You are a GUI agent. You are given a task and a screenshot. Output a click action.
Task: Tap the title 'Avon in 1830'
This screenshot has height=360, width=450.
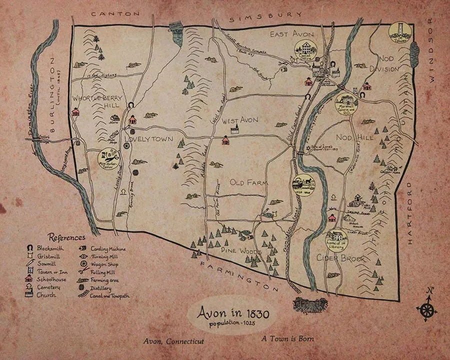(x=233, y=313)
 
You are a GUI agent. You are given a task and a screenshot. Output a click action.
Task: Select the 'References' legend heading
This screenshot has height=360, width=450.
(x=66, y=237)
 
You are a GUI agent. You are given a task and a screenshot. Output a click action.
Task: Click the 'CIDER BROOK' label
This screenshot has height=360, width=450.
(x=340, y=258)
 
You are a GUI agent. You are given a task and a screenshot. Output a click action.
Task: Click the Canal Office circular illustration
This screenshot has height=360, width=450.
(x=305, y=51)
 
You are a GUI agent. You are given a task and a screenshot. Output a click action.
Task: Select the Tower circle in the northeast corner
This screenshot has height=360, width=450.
(x=400, y=32)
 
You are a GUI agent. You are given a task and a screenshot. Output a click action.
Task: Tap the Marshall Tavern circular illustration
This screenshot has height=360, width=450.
(x=346, y=103)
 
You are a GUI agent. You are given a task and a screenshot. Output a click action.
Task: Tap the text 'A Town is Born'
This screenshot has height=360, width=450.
(x=287, y=338)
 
